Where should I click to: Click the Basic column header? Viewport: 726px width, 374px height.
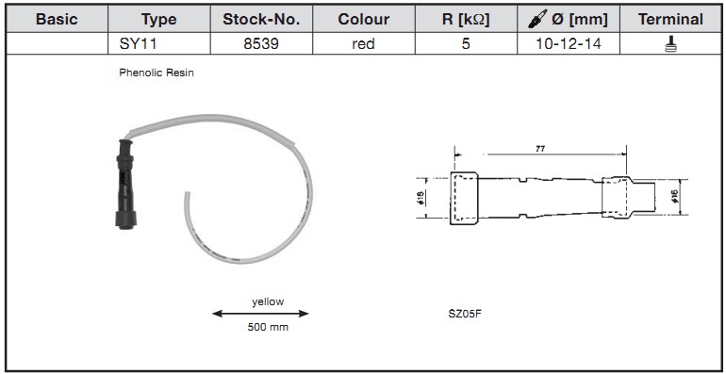click(57, 20)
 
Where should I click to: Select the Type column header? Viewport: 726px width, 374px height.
click(158, 20)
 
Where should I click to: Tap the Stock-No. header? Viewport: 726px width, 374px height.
click(261, 20)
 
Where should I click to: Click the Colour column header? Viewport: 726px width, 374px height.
click(364, 20)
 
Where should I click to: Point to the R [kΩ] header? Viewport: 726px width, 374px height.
click(466, 20)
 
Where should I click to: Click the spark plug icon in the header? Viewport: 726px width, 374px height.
click(537, 19)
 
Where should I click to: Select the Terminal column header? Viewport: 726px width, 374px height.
click(670, 20)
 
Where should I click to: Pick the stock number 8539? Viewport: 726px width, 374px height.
click(261, 44)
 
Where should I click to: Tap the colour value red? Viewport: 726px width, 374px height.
click(363, 44)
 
